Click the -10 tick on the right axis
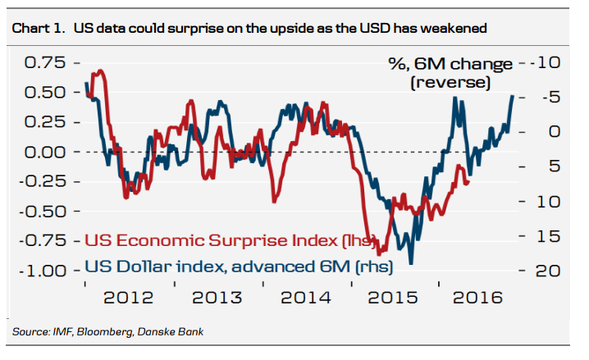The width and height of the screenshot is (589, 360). pyautogui.click(x=545, y=63)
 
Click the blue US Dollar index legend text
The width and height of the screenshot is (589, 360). pyautogui.click(x=239, y=266)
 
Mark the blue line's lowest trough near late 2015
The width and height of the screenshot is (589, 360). pyautogui.click(x=411, y=263)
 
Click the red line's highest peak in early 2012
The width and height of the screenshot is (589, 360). pyautogui.click(x=100, y=71)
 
